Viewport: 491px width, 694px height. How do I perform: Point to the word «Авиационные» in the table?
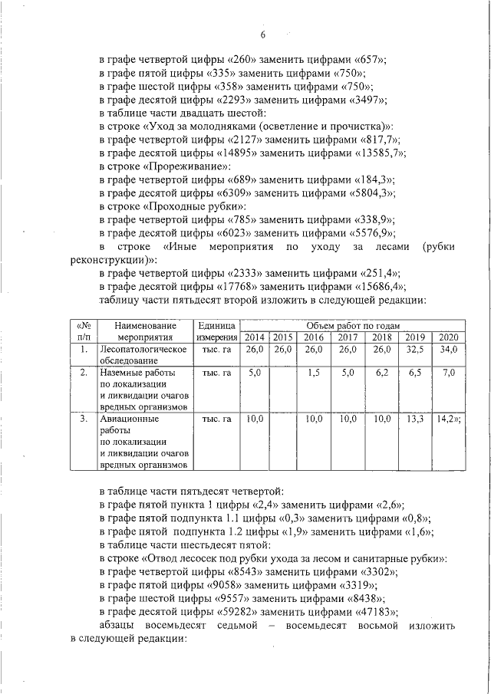click(x=129, y=419)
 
